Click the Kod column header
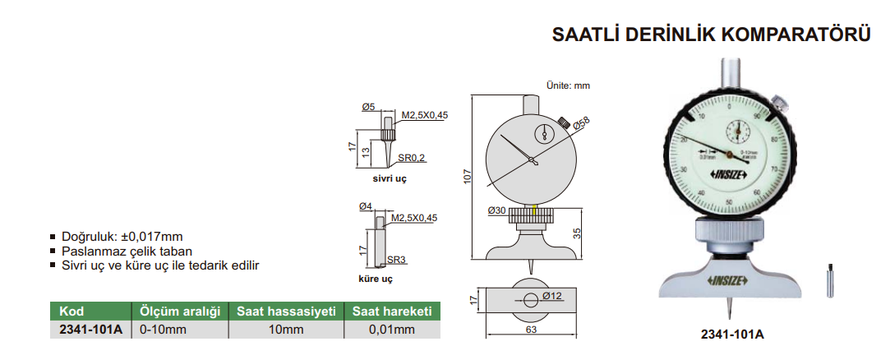tap(72, 312)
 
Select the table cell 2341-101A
tap(90, 330)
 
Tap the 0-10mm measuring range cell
tap(163, 330)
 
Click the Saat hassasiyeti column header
tap(286, 312)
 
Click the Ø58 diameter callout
tap(581, 124)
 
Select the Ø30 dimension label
tap(496, 211)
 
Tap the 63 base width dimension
tap(530, 330)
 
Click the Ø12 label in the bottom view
tap(551, 296)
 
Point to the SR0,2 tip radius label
tap(412, 158)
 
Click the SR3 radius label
tap(397, 260)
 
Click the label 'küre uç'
tap(376, 279)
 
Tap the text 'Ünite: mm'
tap(568, 85)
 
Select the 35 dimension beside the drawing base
tap(577, 234)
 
